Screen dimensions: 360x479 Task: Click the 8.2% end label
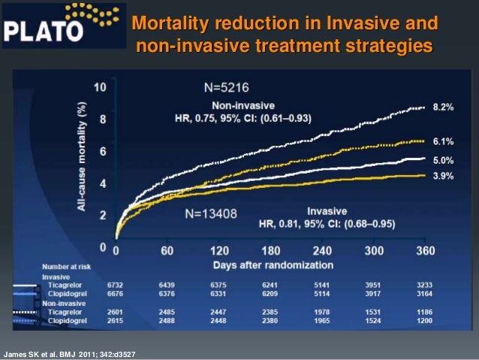[443, 108]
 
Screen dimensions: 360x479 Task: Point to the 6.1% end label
[443, 141]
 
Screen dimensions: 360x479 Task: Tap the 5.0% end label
[443, 159]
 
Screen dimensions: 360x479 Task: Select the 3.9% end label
[443, 174]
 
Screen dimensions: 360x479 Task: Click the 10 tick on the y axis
[99, 87]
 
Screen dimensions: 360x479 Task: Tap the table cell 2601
[115, 311]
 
